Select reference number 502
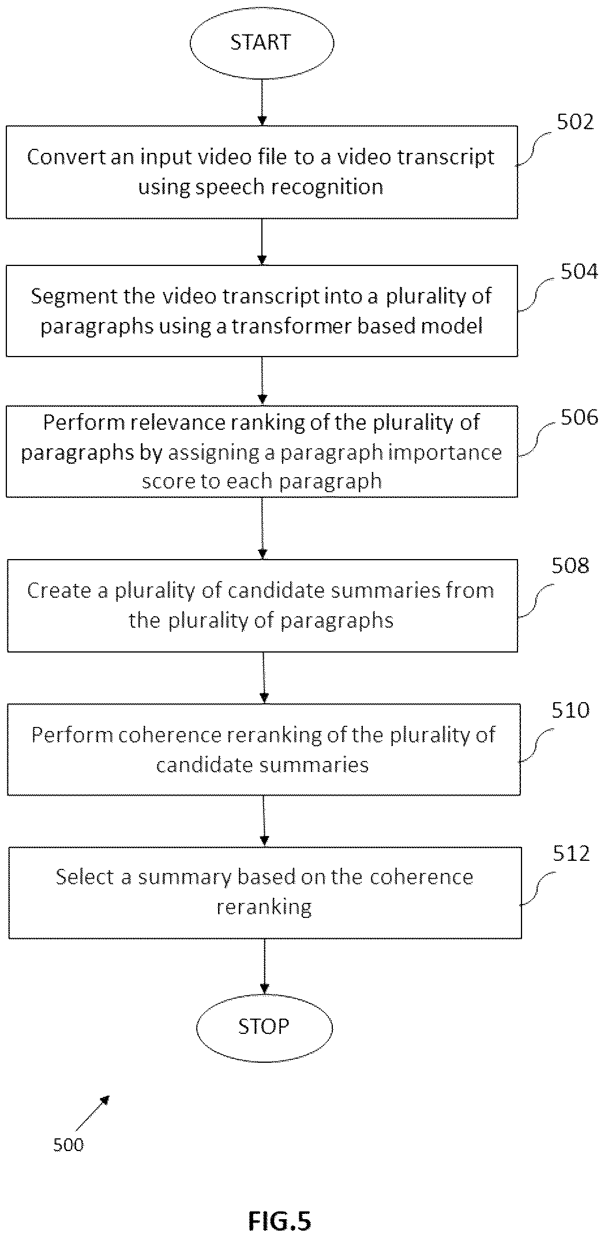point(575,122)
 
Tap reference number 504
point(579,271)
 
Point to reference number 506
point(579,417)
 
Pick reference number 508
point(571,565)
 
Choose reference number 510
point(571,710)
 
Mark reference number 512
point(571,853)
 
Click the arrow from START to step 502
point(262,103)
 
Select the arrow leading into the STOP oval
point(264,965)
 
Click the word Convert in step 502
point(66,157)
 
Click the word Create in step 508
point(59,590)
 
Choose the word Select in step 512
point(85,876)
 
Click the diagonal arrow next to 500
point(92,1114)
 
